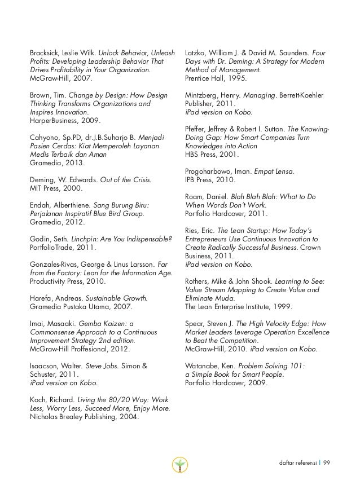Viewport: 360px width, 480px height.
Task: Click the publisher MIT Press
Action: pyautogui.click(x=47, y=189)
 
